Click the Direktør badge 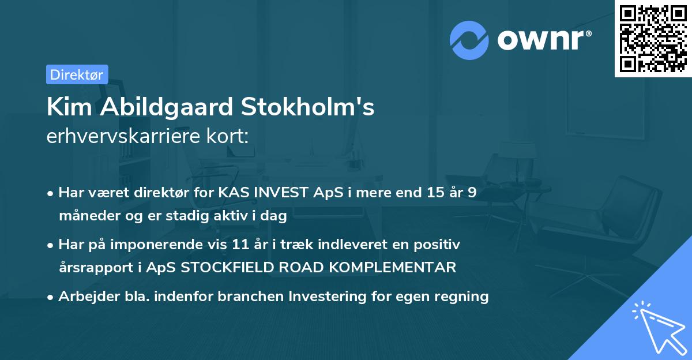pyautogui.click(x=77, y=74)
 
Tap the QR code pyautogui.click(x=653, y=38)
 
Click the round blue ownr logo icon pyautogui.click(x=469, y=40)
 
